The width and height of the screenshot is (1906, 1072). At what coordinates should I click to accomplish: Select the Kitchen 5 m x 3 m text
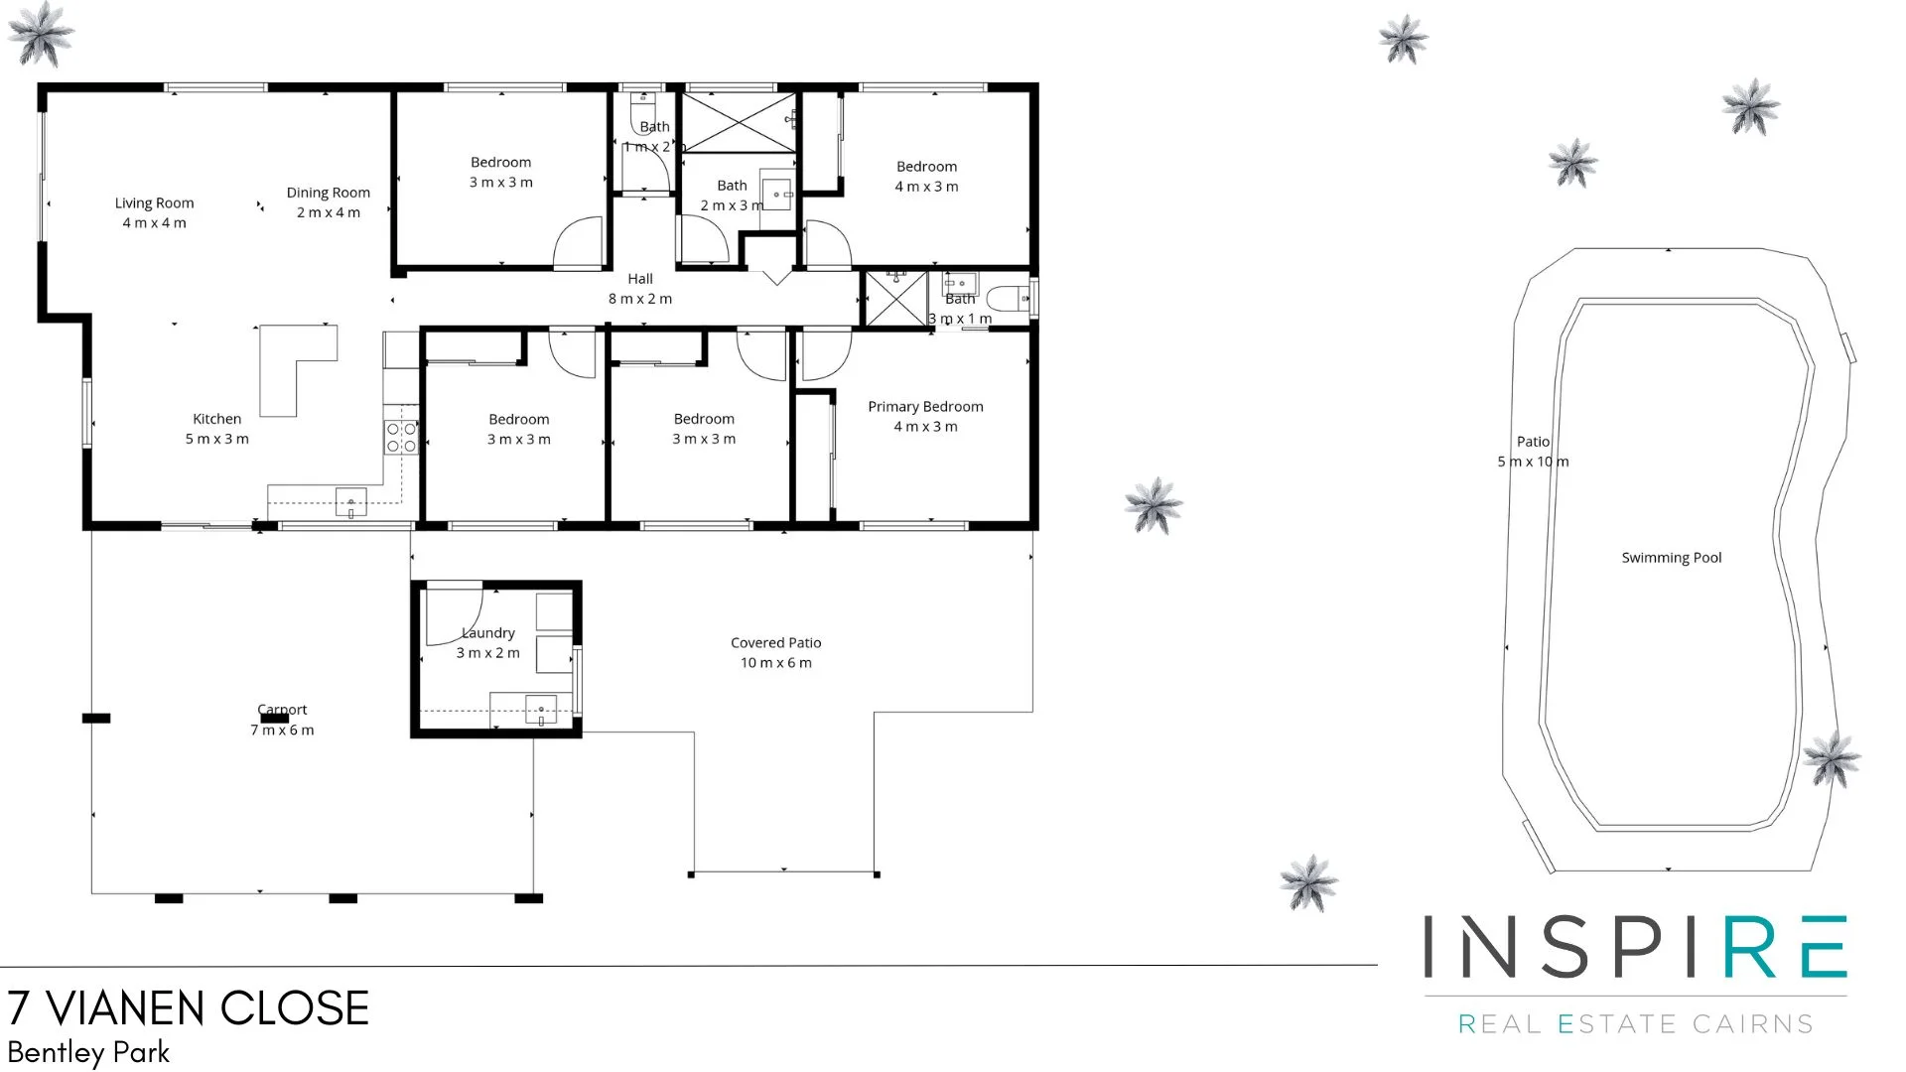click(x=216, y=429)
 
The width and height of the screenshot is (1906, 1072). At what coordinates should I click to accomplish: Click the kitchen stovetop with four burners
click(x=401, y=438)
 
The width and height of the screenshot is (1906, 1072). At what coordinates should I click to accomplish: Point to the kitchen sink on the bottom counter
click(x=350, y=503)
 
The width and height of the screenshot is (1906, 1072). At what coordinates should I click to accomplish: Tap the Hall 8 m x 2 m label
click(x=640, y=289)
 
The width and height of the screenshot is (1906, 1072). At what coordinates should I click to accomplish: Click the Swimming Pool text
click(x=1671, y=558)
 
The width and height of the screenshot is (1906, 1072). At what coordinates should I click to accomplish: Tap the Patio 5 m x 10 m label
click(x=1533, y=452)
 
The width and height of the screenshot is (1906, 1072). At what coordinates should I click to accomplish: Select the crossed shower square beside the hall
click(x=895, y=299)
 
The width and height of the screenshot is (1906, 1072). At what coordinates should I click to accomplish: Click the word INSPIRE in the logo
click(x=1635, y=948)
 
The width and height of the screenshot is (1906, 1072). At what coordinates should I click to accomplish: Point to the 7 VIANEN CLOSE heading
click(x=189, y=1008)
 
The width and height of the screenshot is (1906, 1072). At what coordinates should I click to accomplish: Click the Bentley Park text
click(x=88, y=1052)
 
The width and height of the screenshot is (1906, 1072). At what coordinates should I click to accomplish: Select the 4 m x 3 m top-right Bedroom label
click(x=926, y=177)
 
